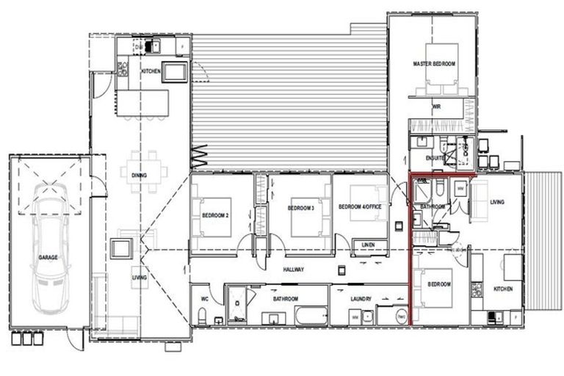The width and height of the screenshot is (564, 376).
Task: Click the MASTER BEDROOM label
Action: (x=434, y=65)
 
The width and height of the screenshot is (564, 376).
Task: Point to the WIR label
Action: (x=435, y=106)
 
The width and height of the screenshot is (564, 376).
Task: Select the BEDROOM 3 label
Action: (x=300, y=208)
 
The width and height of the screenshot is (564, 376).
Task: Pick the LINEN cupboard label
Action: (x=369, y=245)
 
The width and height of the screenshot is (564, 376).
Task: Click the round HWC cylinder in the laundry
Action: (x=401, y=317)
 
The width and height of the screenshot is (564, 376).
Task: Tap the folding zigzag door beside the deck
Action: (x=200, y=156)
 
